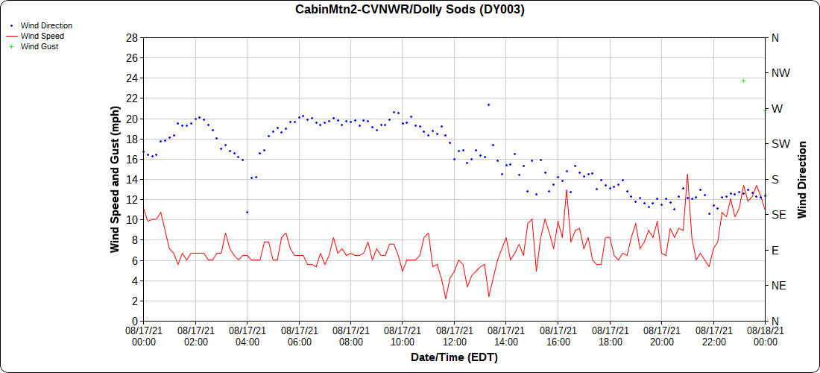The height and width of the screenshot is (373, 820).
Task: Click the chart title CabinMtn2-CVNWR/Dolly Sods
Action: [410, 10]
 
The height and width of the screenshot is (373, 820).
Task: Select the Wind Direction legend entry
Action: [46, 25]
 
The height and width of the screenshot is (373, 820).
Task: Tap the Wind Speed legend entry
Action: [42, 36]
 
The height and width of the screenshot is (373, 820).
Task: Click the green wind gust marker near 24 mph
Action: [743, 81]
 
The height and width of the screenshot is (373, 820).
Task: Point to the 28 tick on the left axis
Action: [132, 37]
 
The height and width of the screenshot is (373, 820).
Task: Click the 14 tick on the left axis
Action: [132, 179]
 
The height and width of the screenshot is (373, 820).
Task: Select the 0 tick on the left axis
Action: [135, 321]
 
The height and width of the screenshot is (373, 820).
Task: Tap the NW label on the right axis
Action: [780, 73]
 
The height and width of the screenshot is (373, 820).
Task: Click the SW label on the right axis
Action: [780, 144]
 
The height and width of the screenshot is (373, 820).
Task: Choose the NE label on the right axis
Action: [779, 286]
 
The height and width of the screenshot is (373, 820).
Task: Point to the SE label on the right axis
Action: [778, 215]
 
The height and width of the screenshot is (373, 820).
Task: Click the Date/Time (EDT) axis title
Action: [454, 357]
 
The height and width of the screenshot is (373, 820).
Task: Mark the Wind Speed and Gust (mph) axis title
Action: [115, 179]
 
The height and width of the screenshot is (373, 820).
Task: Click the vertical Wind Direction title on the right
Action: [802, 179]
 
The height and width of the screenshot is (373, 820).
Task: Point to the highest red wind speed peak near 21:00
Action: [687, 175]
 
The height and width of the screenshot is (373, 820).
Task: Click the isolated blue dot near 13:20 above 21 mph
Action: [488, 104]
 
